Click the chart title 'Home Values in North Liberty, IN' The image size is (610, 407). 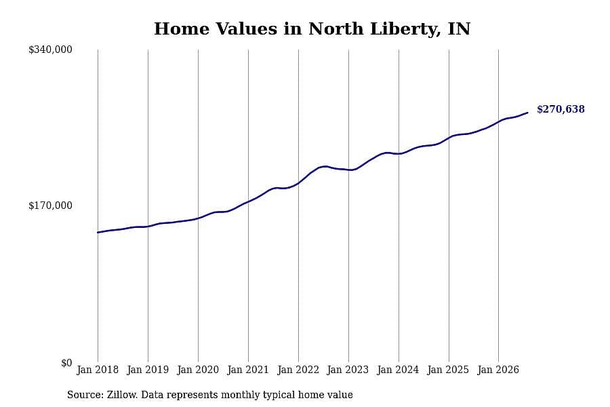(x=312, y=28)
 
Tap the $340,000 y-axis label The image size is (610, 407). (x=50, y=50)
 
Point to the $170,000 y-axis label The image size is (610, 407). (x=50, y=206)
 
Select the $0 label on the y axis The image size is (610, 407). (x=66, y=363)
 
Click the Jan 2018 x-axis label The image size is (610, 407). (x=98, y=370)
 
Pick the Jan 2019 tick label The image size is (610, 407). (x=148, y=370)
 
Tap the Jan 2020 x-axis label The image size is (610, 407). (x=198, y=370)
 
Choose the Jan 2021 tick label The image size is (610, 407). (x=248, y=370)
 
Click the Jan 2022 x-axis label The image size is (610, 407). (x=298, y=370)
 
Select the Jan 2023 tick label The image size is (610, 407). (x=348, y=370)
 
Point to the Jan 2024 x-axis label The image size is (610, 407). (x=399, y=370)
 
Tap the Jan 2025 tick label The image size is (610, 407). (x=449, y=370)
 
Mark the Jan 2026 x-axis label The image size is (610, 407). (x=498, y=370)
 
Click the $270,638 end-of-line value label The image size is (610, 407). (x=561, y=109)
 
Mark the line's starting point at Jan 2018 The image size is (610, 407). (x=98, y=233)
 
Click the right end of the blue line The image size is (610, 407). (x=527, y=113)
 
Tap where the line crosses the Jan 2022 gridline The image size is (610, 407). (x=298, y=183)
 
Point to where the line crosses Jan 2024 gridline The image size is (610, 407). (x=399, y=154)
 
